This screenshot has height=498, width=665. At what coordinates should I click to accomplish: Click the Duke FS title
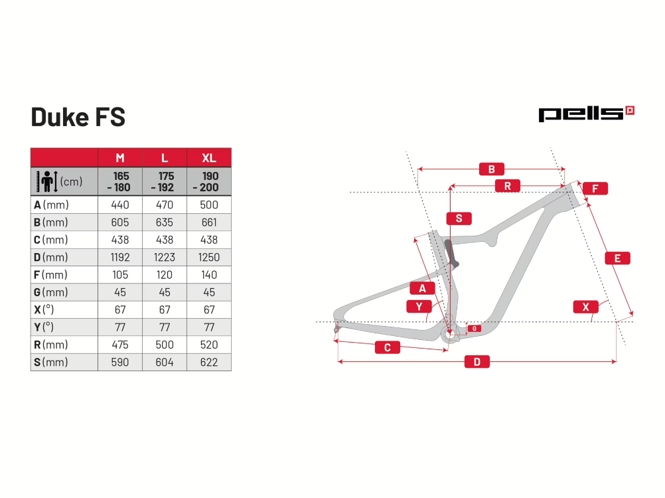click(78, 117)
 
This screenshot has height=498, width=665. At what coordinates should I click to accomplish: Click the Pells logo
click(586, 114)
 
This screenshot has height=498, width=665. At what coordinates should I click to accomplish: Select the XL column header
click(209, 158)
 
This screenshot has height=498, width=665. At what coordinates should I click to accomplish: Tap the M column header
click(120, 158)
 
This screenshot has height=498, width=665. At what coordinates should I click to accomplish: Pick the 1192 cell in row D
click(120, 257)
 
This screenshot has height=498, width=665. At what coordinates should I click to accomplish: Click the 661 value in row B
click(209, 222)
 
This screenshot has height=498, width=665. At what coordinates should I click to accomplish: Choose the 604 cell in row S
click(165, 363)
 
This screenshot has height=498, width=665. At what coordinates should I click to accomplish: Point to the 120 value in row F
click(165, 275)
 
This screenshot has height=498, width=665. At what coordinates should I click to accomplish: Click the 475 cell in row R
click(120, 345)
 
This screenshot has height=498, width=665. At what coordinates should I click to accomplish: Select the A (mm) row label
click(51, 205)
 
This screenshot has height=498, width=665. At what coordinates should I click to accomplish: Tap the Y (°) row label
click(44, 327)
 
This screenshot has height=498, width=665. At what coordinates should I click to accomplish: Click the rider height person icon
click(47, 181)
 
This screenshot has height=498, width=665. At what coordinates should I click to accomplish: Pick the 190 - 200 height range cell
click(209, 181)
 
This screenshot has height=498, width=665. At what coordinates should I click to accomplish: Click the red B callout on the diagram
click(492, 169)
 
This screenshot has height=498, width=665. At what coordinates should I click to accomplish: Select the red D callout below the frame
click(477, 362)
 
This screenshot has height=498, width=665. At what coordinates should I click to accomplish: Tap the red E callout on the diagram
click(617, 258)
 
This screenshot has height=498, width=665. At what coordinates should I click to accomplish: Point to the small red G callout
click(474, 328)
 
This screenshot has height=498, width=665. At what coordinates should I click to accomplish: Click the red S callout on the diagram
click(459, 218)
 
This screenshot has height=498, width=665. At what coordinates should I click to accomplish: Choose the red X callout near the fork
click(586, 307)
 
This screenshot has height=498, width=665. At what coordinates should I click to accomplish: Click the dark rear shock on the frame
click(451, 254)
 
